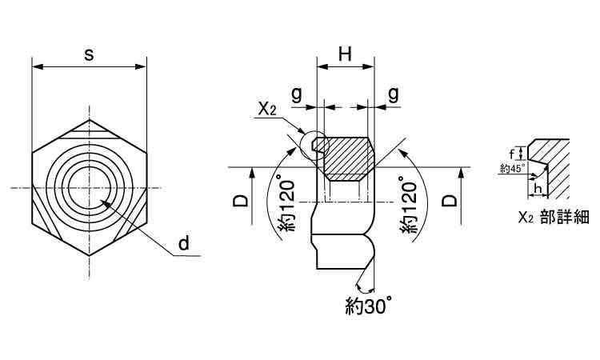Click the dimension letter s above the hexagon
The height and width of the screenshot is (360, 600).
[89, 54]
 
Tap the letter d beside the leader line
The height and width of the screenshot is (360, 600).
[184, 242]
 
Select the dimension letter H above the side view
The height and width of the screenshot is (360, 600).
[345, 54]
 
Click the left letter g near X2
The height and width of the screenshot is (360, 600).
[297, 94]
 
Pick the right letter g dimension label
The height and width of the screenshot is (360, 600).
[394, 94]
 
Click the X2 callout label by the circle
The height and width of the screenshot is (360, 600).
[266, 110]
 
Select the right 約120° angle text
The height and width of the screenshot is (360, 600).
[408, 205]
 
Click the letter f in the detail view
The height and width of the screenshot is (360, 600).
[512, 154]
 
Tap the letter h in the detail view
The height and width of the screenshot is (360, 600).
[538, 189]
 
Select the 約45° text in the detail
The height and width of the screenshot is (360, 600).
[512, 168]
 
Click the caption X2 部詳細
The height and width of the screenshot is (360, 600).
[554, 218]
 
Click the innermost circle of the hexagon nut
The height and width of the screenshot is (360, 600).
[90, 188]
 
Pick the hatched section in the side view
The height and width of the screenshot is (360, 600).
[346, 159]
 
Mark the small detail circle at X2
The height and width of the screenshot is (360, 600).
[314, 146]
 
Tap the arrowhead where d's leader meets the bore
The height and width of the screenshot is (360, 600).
[106, 202]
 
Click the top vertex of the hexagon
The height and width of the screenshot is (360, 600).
[90, 120]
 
